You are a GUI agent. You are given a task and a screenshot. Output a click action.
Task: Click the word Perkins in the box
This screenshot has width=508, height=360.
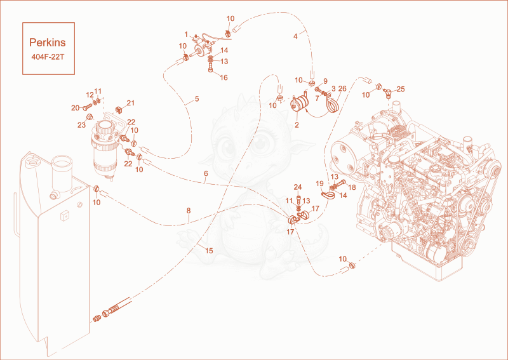[x=47, y=43]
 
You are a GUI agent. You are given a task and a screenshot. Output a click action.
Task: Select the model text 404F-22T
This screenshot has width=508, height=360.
[x=48, y=57]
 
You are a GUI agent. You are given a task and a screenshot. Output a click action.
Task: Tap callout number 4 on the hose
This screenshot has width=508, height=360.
[x=295, y=36]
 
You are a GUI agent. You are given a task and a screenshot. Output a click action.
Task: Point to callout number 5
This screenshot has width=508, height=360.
[x=197, y=99]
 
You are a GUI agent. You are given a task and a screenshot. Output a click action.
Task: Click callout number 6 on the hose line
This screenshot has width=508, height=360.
[x=206, y=174]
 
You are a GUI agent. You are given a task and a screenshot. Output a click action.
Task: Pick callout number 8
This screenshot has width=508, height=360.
[x=189, y=211]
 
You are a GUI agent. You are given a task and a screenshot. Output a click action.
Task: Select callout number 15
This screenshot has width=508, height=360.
[x=209, y=251]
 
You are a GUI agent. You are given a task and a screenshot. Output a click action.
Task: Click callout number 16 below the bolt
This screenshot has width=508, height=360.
[x=224, y=77]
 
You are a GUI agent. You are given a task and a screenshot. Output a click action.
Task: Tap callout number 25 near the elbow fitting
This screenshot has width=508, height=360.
[x=401, y=89]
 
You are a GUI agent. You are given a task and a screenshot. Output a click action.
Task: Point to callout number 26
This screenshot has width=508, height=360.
[x=342, y=88]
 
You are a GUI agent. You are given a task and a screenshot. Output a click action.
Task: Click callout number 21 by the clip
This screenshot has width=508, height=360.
[x=131, y=103]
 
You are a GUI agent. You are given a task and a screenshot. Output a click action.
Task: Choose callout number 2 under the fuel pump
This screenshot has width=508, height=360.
[x=297, y=125]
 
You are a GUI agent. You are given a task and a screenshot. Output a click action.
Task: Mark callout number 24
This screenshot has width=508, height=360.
[x=298, y=187]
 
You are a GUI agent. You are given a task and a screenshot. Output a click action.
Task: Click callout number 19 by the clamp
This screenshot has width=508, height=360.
[x=320, y=183]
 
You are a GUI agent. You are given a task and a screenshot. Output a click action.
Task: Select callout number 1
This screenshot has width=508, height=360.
[x=186, y=34]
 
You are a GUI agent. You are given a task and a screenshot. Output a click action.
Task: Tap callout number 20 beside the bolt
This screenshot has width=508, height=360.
[x=75, y=108]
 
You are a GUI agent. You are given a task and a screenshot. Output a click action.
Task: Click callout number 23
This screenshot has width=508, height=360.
[x=81, y=124]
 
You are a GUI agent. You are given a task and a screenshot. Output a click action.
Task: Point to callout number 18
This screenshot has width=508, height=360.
[x=352, y=187]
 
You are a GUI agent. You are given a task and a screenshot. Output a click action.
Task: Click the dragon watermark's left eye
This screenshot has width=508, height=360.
[x=228, y=143]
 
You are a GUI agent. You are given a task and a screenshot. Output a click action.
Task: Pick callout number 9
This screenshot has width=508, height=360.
[x=325, y=81]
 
